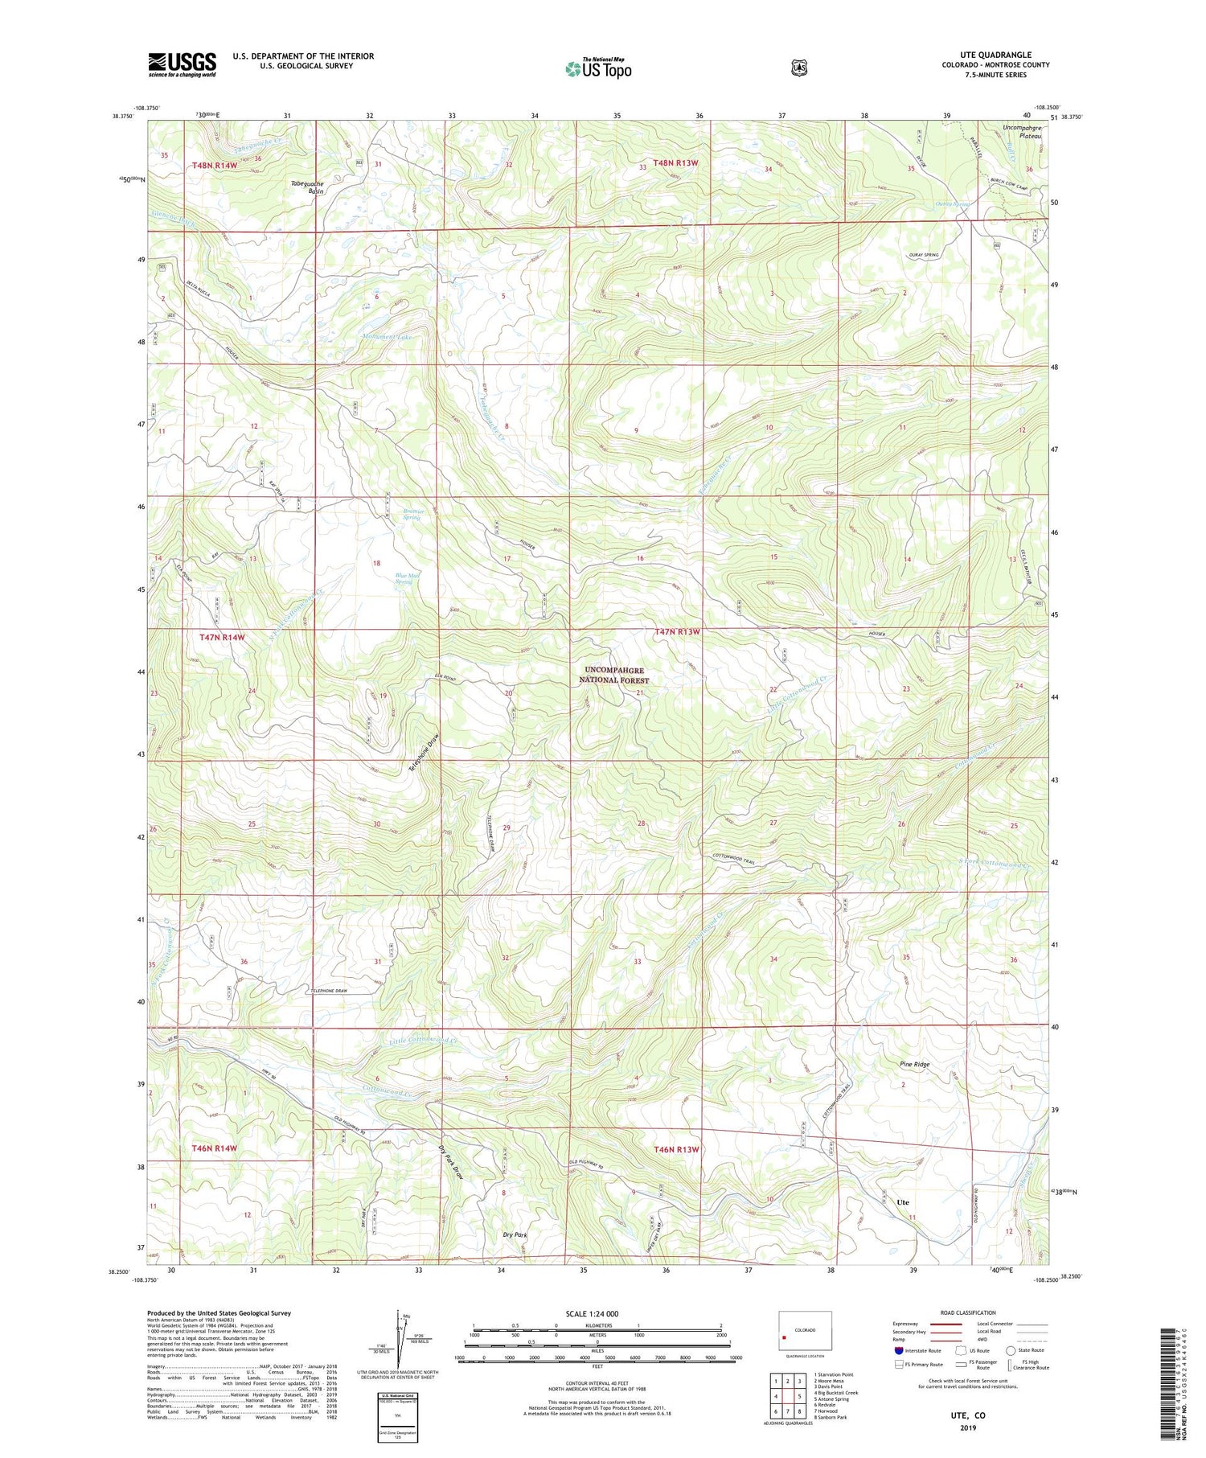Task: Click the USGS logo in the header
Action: [182, 64]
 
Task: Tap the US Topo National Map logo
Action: [598, 68]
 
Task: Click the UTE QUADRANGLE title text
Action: [995, 55]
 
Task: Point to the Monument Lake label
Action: [387, 337]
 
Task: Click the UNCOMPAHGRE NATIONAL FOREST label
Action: [614, 675]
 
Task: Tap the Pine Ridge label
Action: [914, 1064]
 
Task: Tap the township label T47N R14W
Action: [221, 637]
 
